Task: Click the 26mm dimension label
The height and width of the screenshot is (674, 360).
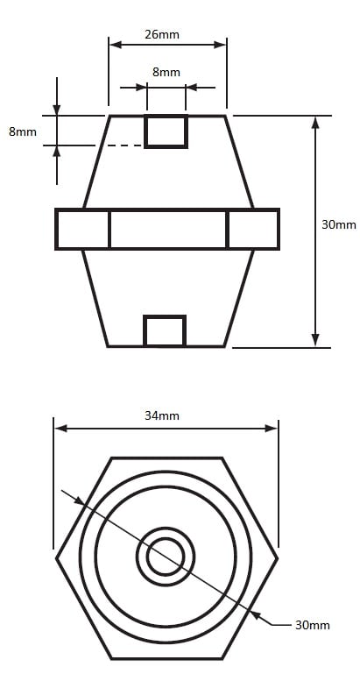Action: [161, 34]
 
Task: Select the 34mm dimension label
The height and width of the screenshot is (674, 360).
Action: [162, 415]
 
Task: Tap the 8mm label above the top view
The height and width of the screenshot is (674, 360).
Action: [166, 72]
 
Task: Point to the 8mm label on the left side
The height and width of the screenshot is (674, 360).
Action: [23, 131]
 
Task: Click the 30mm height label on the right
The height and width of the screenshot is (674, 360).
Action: [339, 224]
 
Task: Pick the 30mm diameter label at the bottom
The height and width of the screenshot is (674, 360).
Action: [313, 625]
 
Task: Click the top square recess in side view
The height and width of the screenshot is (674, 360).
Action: [166, 131]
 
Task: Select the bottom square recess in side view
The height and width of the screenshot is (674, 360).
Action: [165, 330]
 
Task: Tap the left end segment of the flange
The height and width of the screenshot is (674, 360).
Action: [82, 229]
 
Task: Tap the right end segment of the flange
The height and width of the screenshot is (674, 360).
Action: [253, 229]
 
